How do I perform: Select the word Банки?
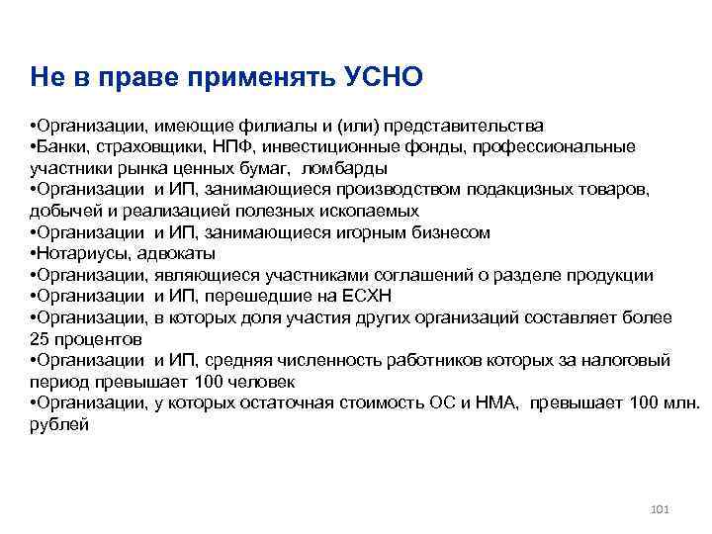[63, 146]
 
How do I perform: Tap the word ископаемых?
[373, 211]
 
